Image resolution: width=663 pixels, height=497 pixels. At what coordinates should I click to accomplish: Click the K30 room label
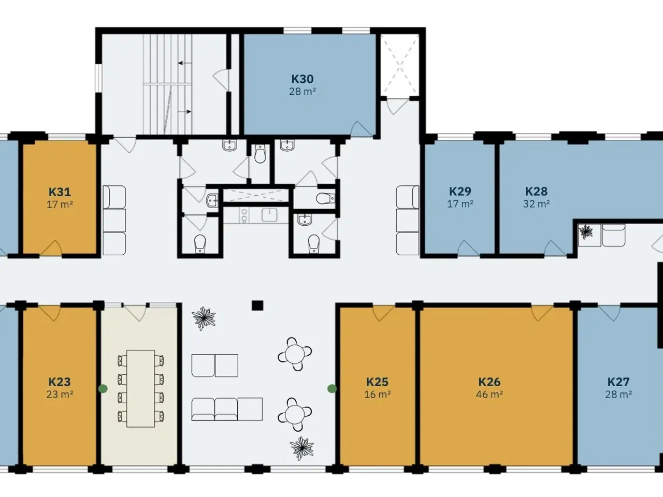302,79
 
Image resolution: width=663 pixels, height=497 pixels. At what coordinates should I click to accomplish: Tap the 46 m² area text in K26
489,394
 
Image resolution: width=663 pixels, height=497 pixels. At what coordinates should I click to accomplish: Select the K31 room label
60,192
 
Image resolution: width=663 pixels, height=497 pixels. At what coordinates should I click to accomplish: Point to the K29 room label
460,192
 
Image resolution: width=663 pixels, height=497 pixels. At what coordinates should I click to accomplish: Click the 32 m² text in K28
536,204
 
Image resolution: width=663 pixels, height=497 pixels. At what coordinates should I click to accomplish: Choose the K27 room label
618,382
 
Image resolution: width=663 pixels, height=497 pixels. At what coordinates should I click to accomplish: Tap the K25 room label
377,382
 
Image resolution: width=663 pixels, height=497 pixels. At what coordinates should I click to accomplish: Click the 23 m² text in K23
60,394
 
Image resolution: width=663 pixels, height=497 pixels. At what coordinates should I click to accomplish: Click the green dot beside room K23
103,389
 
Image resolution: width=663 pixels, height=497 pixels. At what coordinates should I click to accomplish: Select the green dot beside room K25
332,389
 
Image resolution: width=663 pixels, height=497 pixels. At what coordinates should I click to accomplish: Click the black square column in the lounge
257,305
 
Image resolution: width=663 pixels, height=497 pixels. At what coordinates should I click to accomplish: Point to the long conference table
140,389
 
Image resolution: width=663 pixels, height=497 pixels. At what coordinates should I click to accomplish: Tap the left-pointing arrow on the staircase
185,63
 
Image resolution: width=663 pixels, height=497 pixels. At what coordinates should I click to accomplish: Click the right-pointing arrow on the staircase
185,112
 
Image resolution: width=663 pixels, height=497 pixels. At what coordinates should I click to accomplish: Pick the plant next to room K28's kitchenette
586,232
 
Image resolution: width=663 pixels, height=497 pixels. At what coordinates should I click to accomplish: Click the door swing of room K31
51,248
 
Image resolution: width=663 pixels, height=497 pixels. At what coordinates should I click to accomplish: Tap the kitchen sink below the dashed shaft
269,215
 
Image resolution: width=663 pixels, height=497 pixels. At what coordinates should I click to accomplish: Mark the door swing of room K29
469,248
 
